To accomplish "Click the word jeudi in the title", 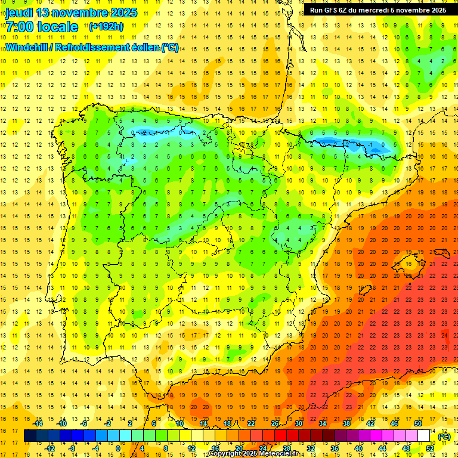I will tap(19, 13).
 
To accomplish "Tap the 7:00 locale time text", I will tap(42, 27).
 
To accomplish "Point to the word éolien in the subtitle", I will tap(144, 47).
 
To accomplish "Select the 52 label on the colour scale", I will tap(430, 448).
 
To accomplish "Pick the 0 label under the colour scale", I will tap(117, 448).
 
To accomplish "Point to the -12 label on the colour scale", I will tap(49, 448).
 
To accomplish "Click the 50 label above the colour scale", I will tap(417, 423).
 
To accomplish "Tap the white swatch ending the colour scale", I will tap(424, 435).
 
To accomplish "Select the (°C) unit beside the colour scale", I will tap(444, 437).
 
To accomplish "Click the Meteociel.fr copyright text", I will tap(257, 454).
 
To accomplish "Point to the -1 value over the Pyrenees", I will tap(371, 144).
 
